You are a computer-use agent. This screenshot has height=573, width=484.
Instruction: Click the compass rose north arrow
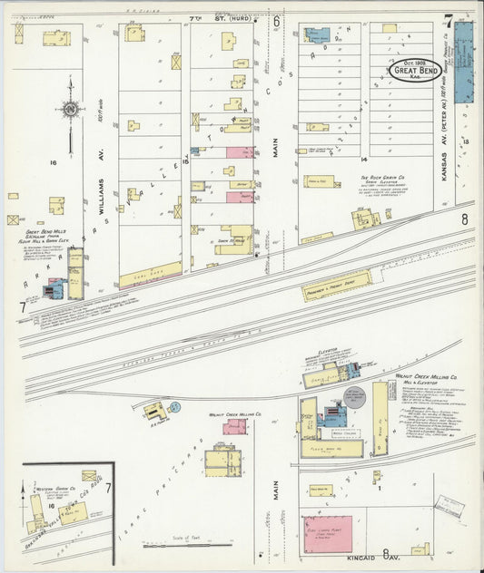[x=70, y=110]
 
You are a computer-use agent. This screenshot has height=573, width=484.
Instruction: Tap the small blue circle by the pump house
[x=175, y=407]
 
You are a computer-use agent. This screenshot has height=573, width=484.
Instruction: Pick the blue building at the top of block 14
[x=317, y=36]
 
